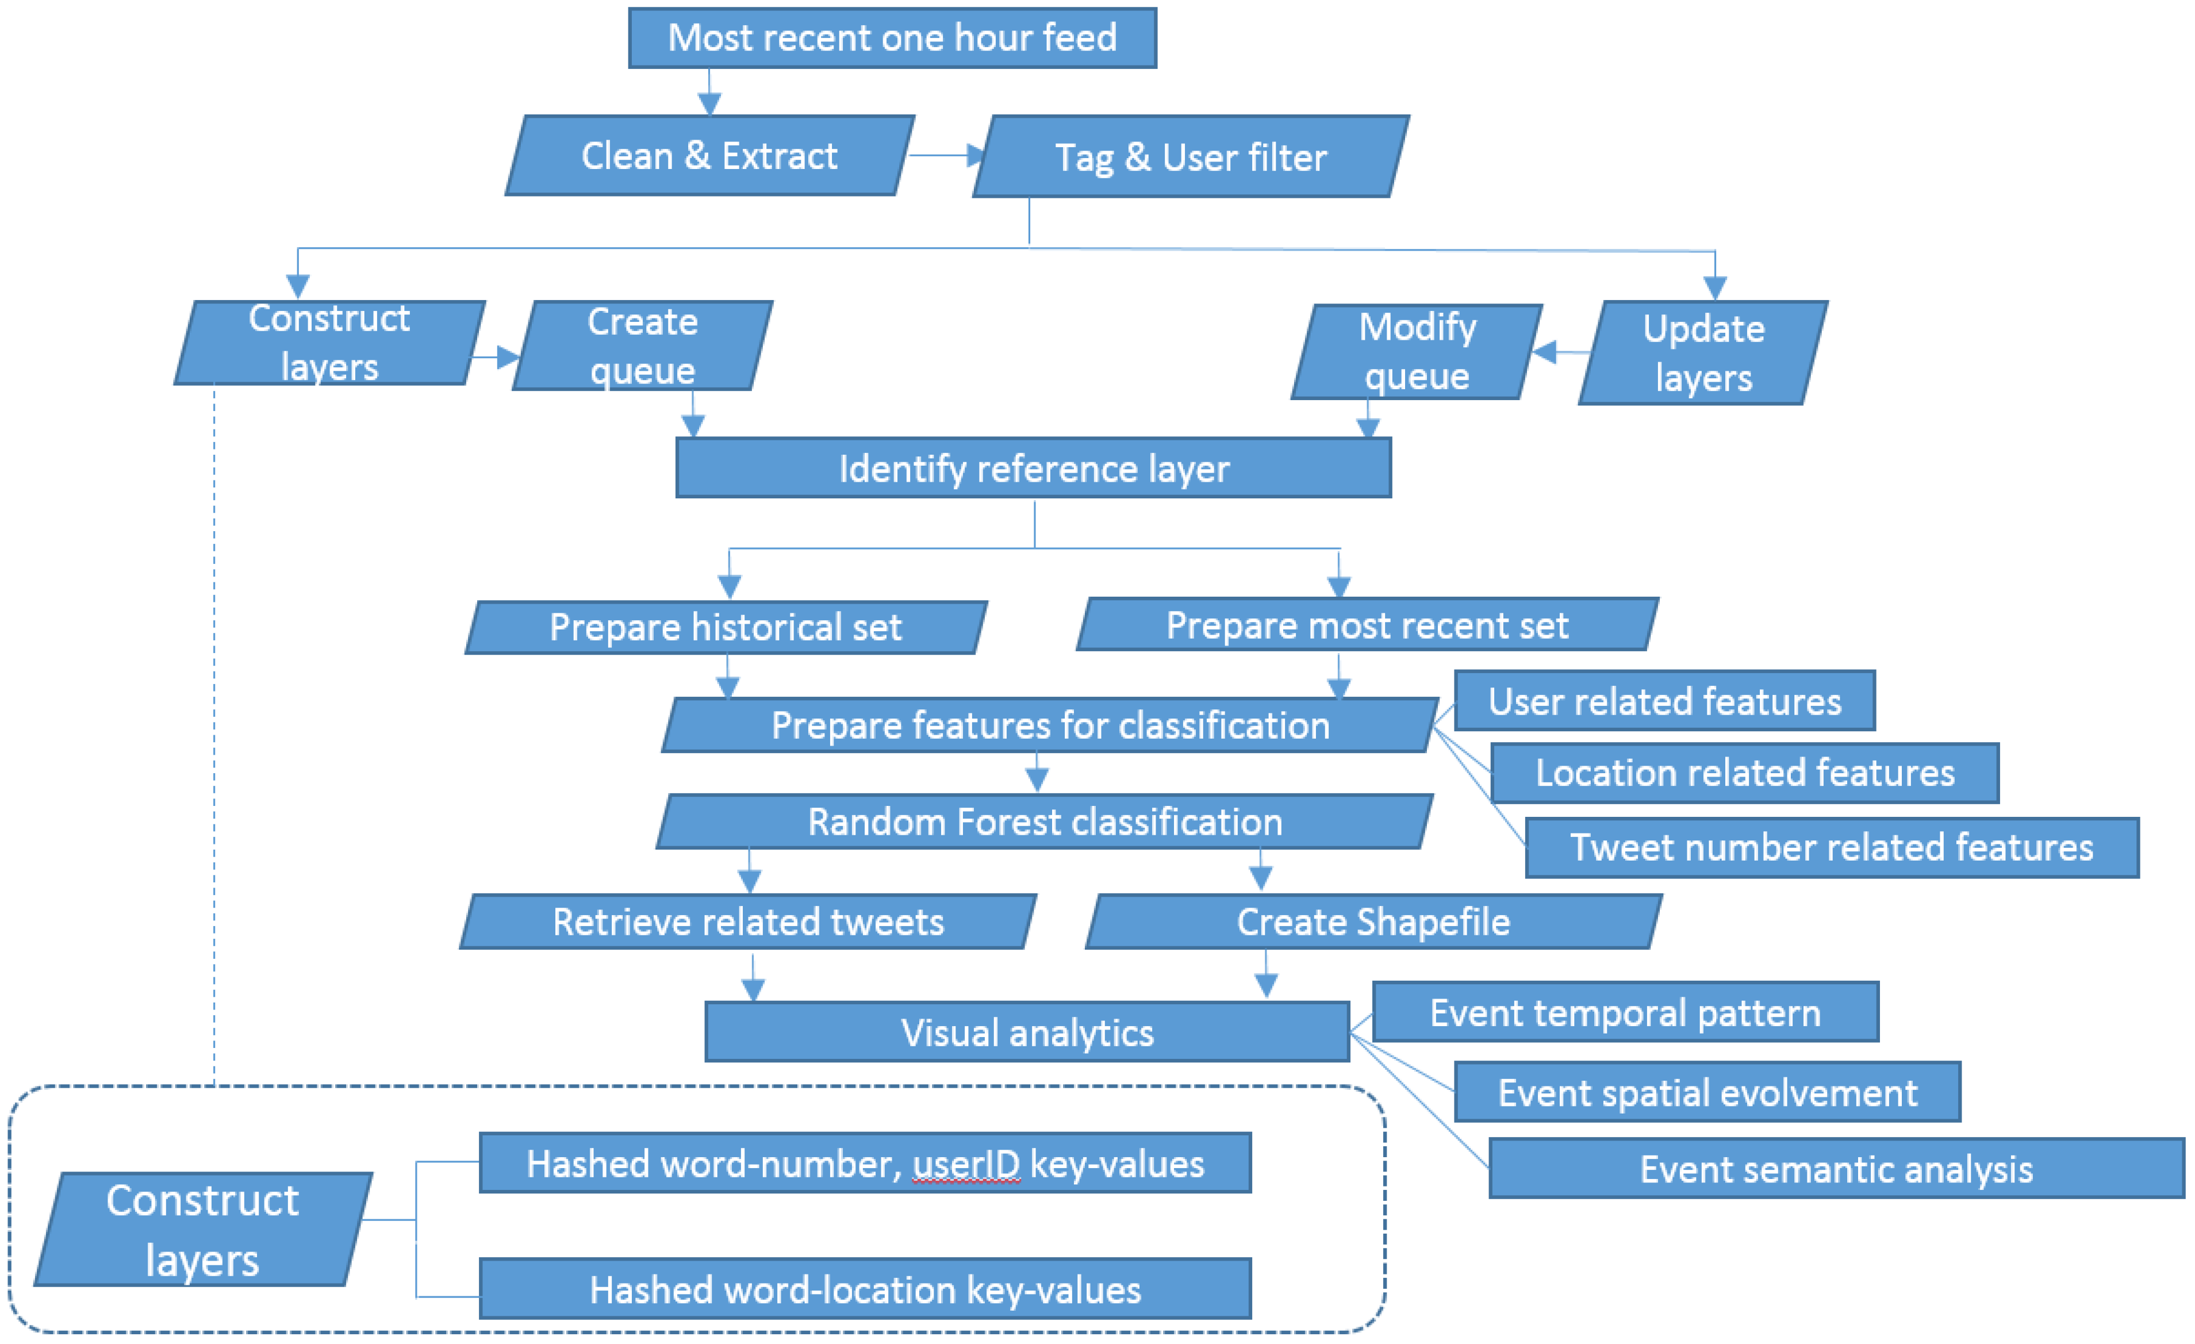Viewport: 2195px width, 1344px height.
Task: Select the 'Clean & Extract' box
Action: (x=710, y=156)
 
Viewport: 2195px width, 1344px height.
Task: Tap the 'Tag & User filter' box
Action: (x=1191, y=157)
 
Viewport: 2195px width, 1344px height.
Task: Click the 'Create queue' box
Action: (x=642, y=345)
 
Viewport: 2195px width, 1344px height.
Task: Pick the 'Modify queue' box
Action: (x=1417, y=352)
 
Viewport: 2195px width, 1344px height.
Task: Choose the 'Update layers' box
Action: (x=1703, y=353)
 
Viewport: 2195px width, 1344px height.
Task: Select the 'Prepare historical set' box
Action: (x=726, y=628)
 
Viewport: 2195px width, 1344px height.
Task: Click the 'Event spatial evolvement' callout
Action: (x=1707, y=1092)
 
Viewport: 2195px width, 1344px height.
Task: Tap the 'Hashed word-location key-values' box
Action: (x=865, y=1289)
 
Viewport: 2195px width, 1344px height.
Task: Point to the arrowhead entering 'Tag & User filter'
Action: (x=976, y=156)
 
